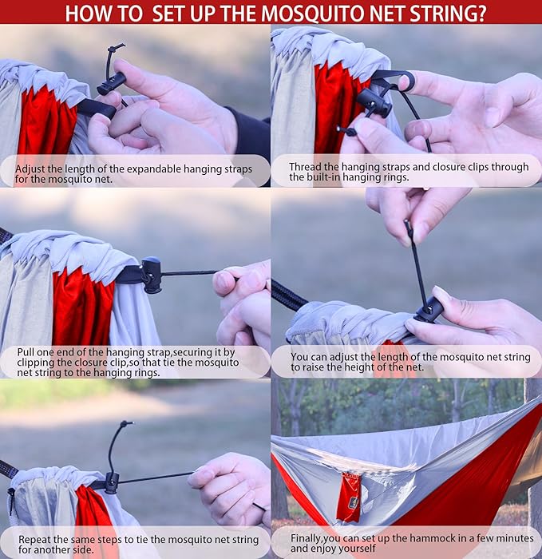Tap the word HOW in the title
point(90,13)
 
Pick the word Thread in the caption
point(306,167)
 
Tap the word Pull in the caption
point(28,351)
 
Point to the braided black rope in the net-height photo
point(289,295)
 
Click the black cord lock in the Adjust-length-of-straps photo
point(112,83)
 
